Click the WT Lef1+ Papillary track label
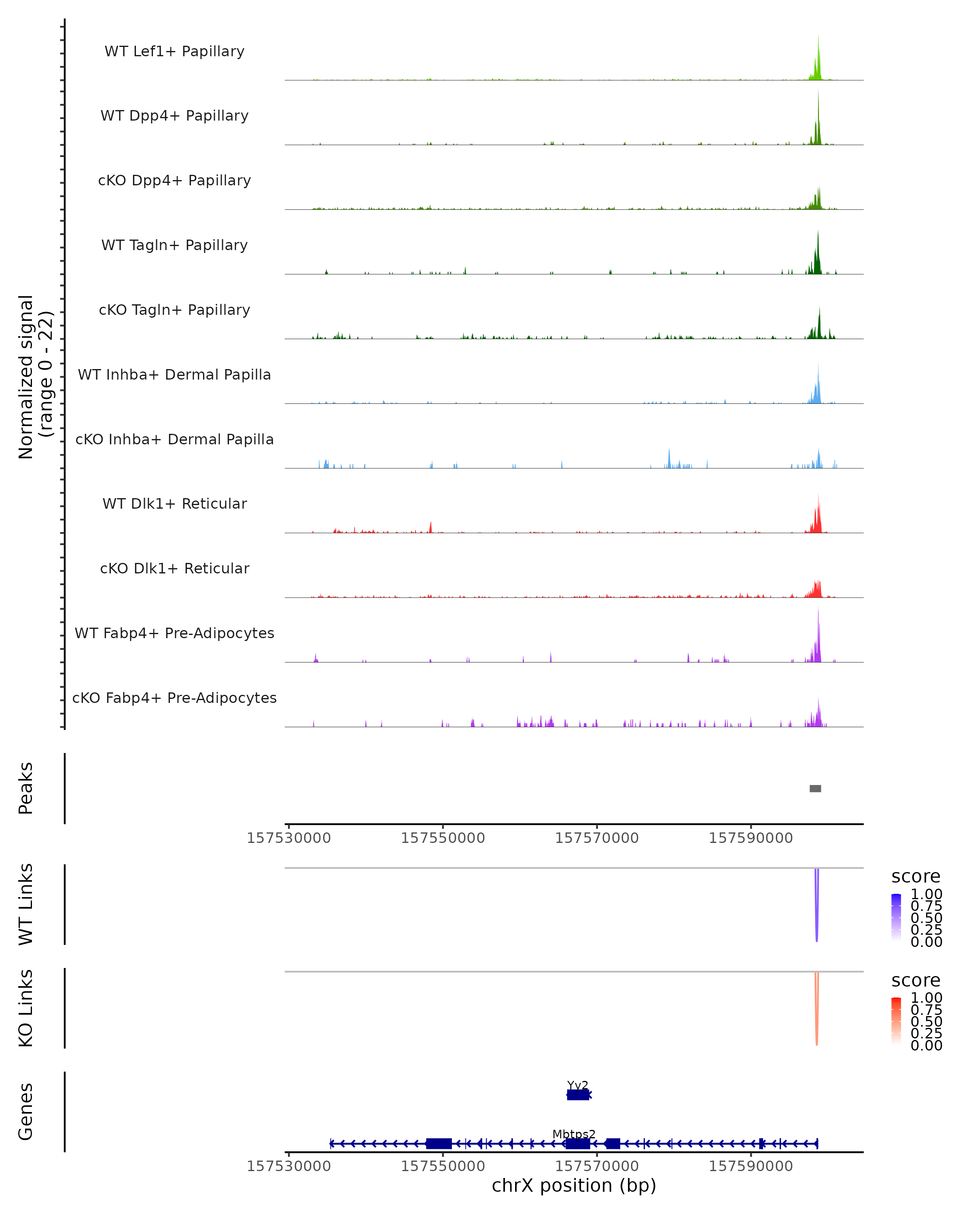click(174, 51)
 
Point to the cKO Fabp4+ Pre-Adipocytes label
click(174, 698)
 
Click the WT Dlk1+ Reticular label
click(174, 503)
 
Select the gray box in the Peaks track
click(815, 788)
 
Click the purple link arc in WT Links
click(816, 906)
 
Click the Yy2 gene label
click(577, 1085)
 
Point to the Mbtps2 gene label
click(574, 1134)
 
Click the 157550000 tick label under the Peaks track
click(443, 838)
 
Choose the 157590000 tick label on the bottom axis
click(751, 1166)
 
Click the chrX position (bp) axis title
click(574, 1185)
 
